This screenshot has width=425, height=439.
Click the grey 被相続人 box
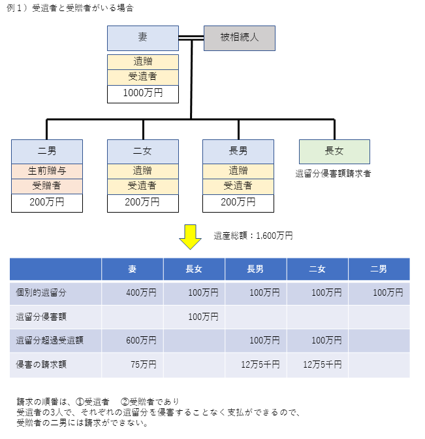240,39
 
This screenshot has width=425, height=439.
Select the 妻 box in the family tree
143,39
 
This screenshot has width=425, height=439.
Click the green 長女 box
334,152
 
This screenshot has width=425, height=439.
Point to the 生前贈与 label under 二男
47,171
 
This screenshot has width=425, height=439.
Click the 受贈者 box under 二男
47,186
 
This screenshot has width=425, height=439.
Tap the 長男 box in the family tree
238,152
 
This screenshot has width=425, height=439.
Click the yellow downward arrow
190,237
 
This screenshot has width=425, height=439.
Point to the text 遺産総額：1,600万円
253,236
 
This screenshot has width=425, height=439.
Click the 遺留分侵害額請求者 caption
333,173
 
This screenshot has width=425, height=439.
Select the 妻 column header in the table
133,269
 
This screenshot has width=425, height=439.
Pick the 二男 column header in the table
379,269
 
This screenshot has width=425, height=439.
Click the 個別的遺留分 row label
41,293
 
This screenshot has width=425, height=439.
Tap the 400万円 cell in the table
141,293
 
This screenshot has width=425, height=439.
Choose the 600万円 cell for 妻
141,340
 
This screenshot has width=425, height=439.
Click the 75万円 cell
144,364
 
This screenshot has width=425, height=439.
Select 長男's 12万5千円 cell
260,364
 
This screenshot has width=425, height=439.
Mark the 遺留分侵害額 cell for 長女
203,317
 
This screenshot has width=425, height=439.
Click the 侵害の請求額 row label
41,364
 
